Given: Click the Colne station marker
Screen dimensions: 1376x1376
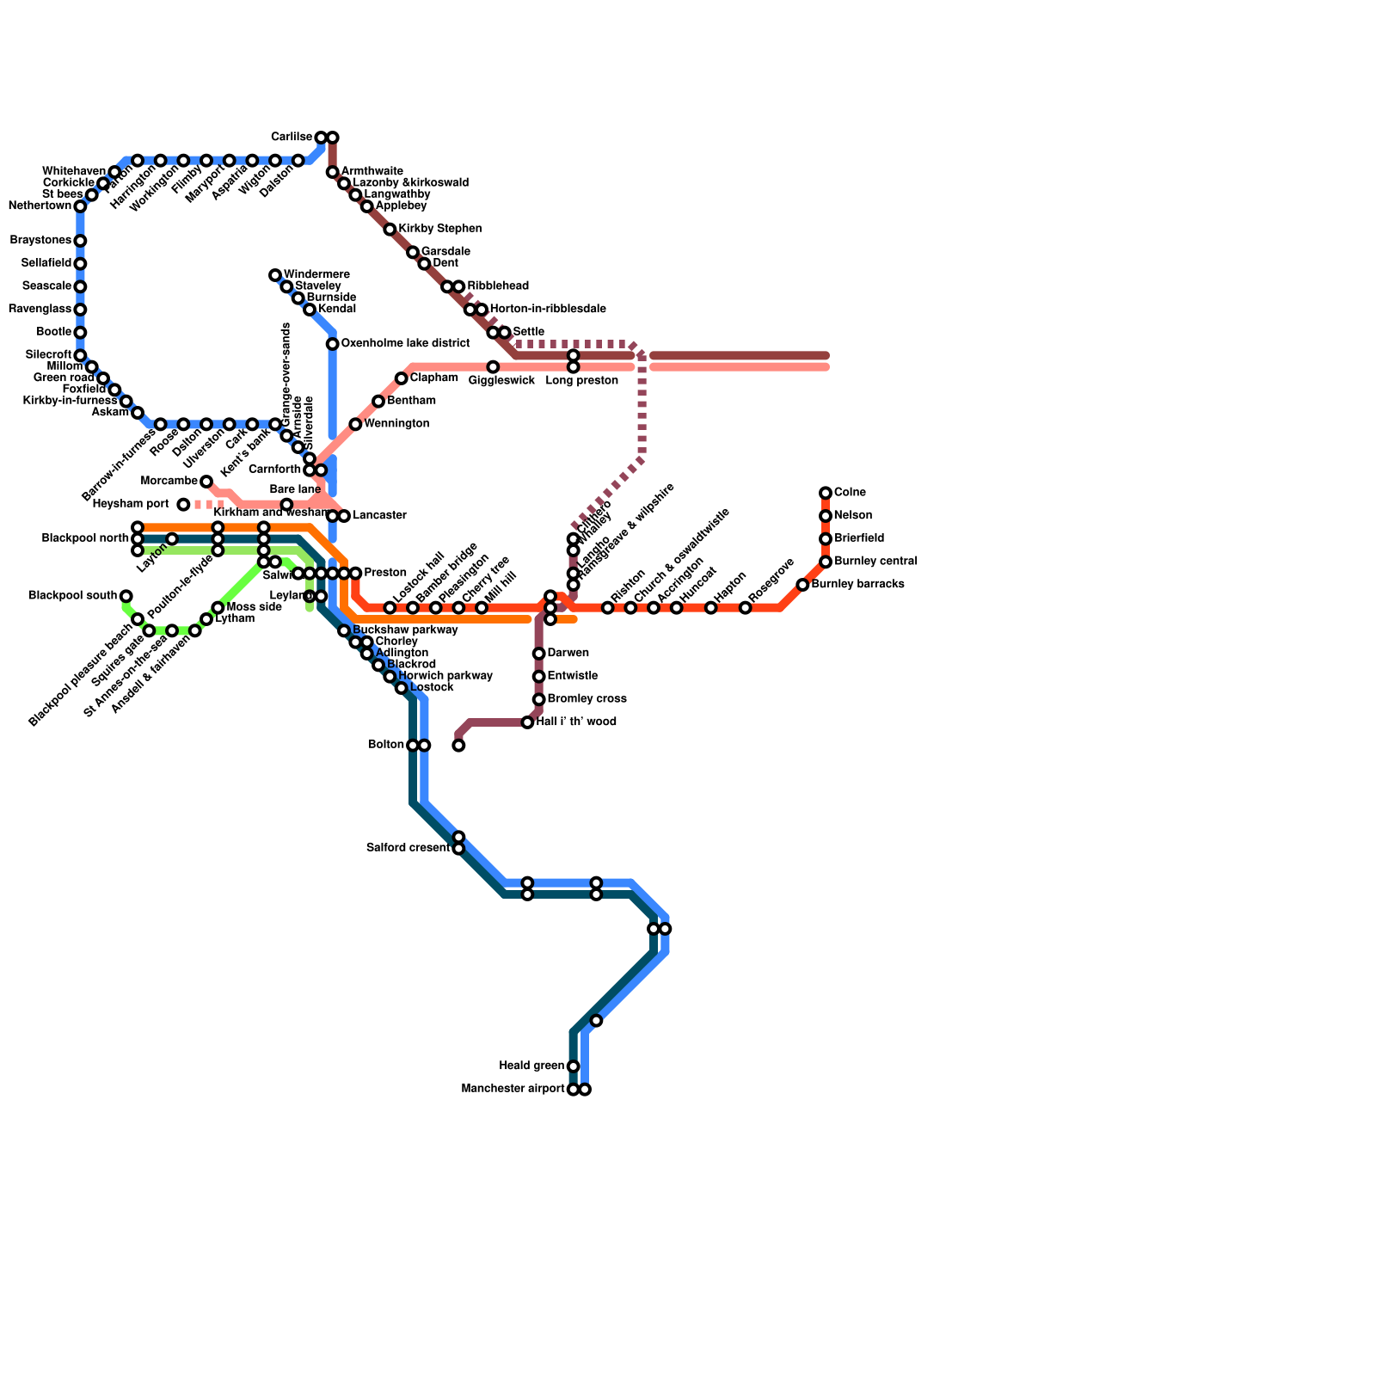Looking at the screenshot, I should point(826,493).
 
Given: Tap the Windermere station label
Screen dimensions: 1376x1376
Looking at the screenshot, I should point(316,274).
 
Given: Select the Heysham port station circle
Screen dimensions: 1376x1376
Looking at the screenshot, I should point(183,504).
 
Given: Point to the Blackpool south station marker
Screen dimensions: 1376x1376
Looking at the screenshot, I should point(126,596).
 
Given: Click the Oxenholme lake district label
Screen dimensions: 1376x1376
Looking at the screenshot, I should point(405,344).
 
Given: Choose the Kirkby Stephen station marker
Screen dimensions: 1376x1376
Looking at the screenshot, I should point(390,230).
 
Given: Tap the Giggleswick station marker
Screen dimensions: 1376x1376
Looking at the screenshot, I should point(493,367).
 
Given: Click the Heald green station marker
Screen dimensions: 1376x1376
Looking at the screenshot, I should point(574,1066).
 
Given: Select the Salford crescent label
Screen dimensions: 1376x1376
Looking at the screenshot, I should point(408,848).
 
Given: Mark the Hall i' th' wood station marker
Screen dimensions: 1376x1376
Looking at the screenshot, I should point(527,722).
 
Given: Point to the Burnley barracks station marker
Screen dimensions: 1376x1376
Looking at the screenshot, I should point(802,585).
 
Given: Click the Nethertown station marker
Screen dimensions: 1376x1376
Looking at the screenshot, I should point(80,206).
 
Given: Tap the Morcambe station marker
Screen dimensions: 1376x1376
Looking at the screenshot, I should point(206,482).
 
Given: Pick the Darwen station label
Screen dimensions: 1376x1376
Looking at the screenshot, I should point(568,654).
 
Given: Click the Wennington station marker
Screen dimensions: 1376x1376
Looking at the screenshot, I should point(355,424).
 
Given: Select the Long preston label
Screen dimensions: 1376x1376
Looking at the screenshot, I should point(581,381).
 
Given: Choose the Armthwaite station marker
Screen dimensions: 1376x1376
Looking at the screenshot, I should point(332,173).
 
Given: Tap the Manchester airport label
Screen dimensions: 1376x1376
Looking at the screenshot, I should point(513,1090).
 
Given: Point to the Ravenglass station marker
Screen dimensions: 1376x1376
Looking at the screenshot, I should point(80,310).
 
